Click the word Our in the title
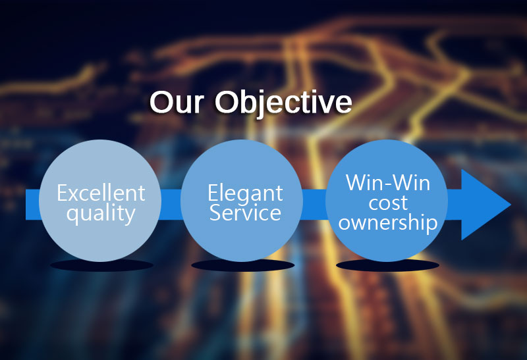pyautogui.click(x=177, y=102)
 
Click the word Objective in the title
pyautogui.click(x=283, y=103)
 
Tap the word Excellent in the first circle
pyautogui.click(x=101, y=193)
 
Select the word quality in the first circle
pyautogui.click(x=101, y=214)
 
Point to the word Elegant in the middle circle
pyautogui.click(x=245, y=193)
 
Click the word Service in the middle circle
pyautogui.click(x=245, y=213)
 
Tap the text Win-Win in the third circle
pyautogui.click(x=388, y=183)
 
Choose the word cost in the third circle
pyautogui.click(x=388, y=203)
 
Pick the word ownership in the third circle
pyautogui.click(x=388, y=222)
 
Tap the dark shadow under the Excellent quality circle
pyautogui.click(x=101, y=265)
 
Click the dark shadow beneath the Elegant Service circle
pyautogui.click(x=243, y=265)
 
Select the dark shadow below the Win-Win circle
pyautogui.click(x=387, y=265)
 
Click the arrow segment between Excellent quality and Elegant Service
pyautogui.click(x=171, y=205)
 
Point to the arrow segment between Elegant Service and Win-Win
pyautogui.click(x=314, y=205)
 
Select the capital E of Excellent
pyautogui.click(x=63, y=193)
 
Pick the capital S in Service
pyautogui.click(x=216, y=213)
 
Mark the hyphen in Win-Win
pyautogui.click(x=388, y=185)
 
